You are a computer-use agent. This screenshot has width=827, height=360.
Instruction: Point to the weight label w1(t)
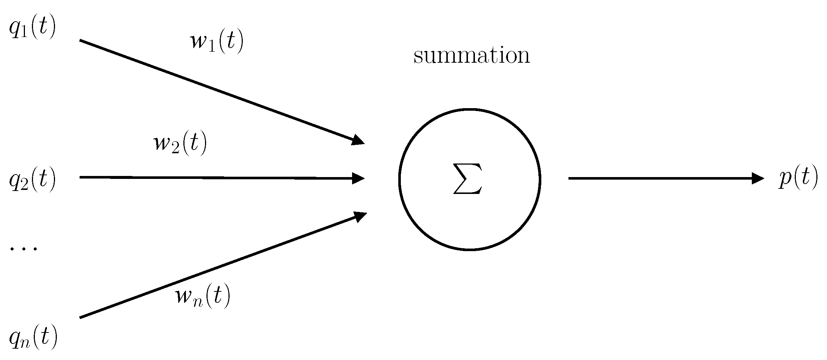[217, 42]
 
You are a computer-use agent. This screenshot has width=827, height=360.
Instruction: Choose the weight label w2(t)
[180, 144]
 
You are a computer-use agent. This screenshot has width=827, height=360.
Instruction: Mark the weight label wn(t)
[203, 296]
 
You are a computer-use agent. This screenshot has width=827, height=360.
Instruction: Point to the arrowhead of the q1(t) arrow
[359, 141]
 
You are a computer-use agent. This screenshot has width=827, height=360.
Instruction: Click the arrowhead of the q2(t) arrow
[359, 179]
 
